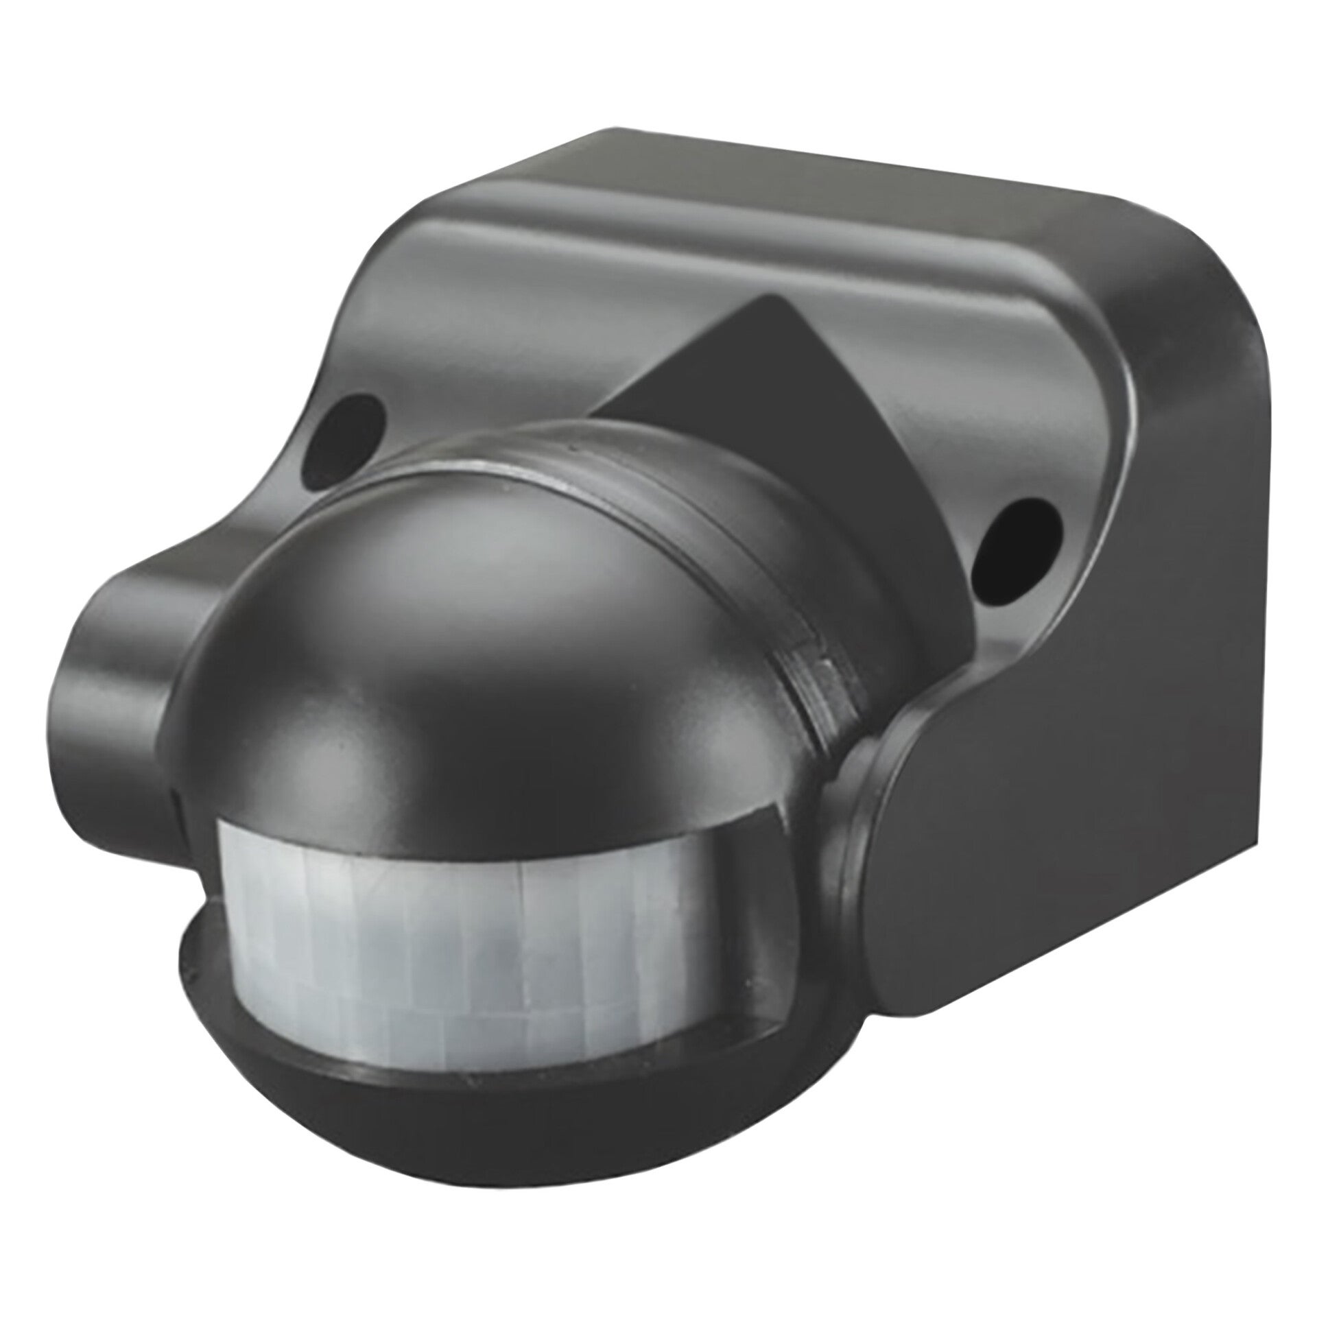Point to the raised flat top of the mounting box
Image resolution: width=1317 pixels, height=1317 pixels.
[789, 199]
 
